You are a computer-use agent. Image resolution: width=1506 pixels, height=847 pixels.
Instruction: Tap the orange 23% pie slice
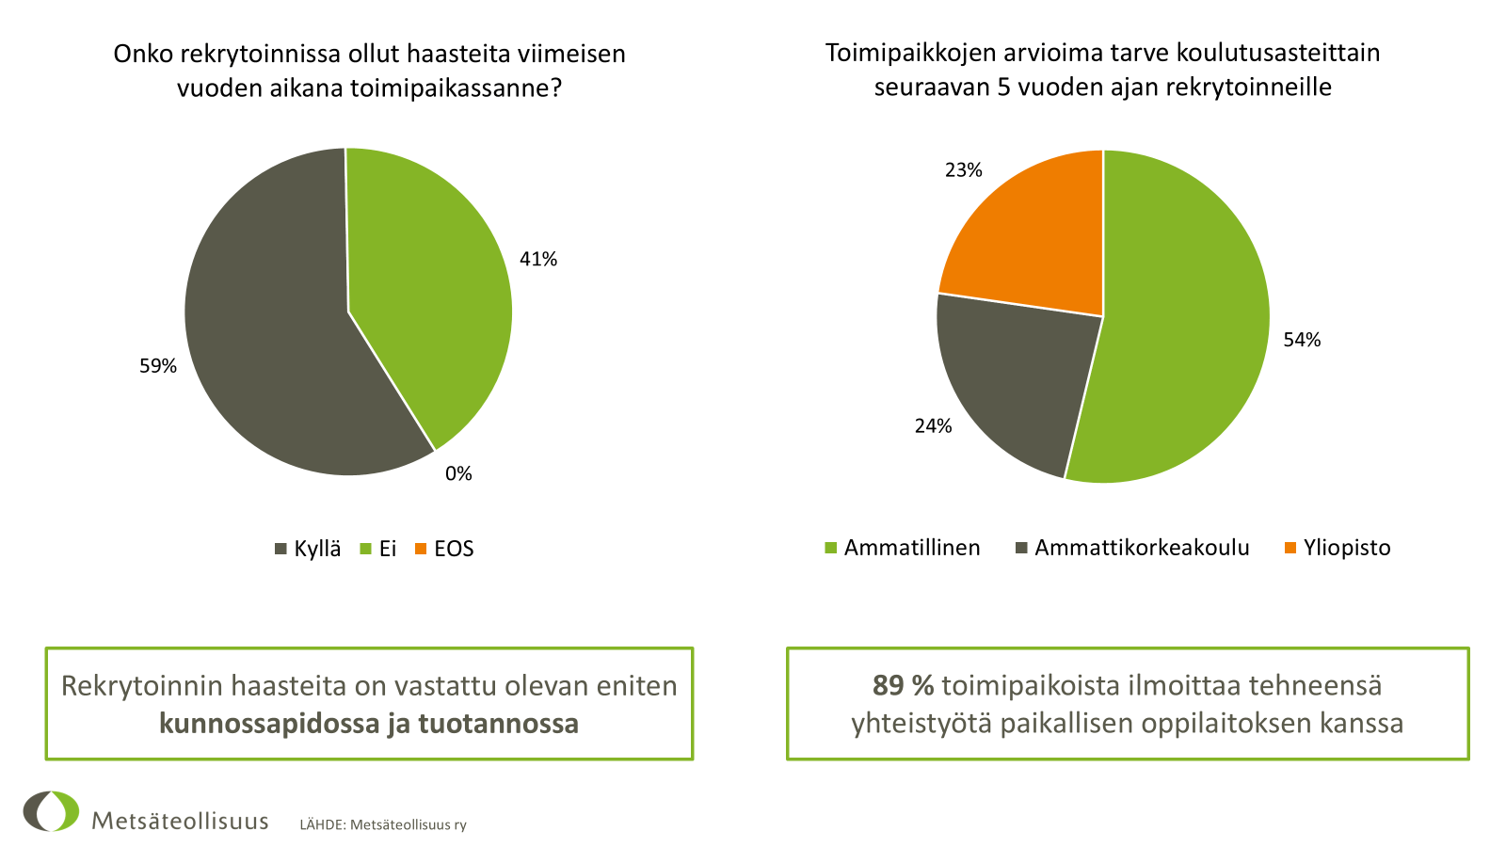point(1031,240)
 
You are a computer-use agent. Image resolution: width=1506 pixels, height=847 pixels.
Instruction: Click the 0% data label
point(458,473)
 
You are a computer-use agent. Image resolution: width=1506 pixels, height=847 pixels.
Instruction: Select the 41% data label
point(538,259)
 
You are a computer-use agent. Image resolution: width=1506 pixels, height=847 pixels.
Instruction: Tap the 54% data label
point(1302,340)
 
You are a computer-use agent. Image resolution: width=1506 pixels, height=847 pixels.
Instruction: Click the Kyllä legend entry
point(308,549)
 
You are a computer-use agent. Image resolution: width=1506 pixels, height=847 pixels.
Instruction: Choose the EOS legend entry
point(444,549)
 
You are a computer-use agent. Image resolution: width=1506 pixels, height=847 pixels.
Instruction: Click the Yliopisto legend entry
point(1338,548)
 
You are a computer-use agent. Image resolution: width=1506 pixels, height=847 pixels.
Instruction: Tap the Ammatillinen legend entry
point(903,548)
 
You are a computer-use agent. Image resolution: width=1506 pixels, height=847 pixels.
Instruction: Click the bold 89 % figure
point(903,685)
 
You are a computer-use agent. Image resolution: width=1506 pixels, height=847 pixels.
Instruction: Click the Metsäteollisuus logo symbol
point(52,811)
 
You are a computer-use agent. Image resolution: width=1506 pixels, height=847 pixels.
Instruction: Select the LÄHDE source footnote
point(383,825)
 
